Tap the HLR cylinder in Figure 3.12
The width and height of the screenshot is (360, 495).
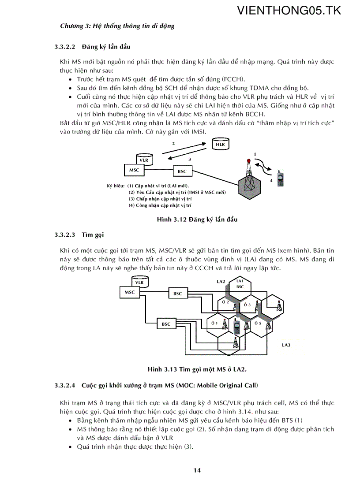[220, 144]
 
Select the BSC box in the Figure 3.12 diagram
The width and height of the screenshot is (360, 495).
[182, 171]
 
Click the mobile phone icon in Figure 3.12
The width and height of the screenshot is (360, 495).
[280, 179]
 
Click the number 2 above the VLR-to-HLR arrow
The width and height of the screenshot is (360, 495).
[173, 144]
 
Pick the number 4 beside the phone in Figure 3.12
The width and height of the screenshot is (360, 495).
[271, 181]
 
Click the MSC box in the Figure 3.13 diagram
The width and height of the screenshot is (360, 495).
[130, 292]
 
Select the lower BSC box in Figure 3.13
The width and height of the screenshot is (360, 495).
[166, 324]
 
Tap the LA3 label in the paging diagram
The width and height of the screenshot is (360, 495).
[286, 345]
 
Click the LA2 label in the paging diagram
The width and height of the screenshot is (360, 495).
[221, 281]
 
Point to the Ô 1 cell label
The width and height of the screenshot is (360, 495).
[214, 324]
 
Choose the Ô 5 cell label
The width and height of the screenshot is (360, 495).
[258, 324]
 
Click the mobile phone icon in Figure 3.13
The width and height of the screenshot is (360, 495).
[236, 327]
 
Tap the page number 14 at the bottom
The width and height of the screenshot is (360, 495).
[197, 470]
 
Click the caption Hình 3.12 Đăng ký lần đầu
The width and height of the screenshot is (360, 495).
[197, 220]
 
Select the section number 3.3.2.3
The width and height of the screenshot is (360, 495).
[65, 234]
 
